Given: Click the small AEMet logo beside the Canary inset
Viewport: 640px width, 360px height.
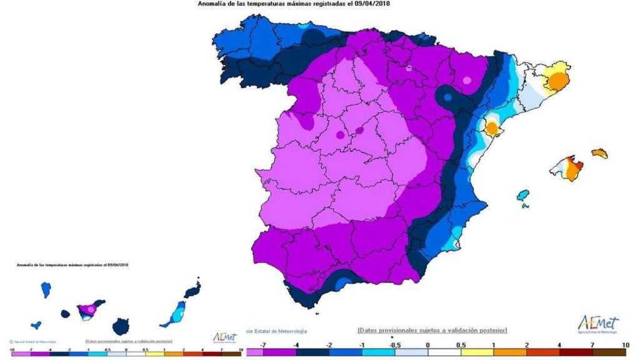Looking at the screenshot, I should coord(225,337).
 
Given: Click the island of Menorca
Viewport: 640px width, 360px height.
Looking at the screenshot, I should coord(599,153).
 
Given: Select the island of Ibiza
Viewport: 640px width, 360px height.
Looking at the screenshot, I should coord(523,196).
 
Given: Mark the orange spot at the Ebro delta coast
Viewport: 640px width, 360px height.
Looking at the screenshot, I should coord(492,128).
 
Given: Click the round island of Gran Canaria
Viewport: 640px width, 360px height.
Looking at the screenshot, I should coord(121,326).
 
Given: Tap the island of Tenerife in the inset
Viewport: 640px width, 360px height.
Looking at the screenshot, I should coord(89,309).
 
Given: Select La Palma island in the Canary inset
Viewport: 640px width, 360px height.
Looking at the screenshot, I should coord(46,289).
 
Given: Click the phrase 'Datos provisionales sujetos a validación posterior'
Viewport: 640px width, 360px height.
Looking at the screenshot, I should coord(432,329).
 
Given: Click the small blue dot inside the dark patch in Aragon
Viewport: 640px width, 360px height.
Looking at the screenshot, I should coord(447,97).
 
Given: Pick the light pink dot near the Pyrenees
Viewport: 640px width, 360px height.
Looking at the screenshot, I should coord(466,79).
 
